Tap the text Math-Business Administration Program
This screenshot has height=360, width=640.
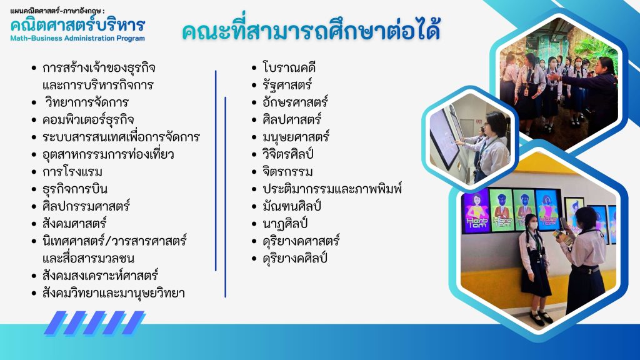tap(77, 38)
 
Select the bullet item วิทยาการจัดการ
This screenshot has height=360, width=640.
tap(86, 102)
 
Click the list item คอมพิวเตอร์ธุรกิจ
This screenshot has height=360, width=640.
tap(88, 119)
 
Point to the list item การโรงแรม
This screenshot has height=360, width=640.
tap(72, 172)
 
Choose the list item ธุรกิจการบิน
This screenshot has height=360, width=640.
tap(75, 189)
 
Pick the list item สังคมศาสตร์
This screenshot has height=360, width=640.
tap(74, 224)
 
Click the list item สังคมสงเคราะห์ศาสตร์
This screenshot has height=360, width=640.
tap(100, 276)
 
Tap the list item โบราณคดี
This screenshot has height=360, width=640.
tap(289, 67)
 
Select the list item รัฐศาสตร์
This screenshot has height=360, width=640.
tap(287, 85)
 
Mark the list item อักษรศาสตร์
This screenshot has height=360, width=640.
tap(295, 102)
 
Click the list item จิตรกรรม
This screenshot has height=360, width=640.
tap(287, 172)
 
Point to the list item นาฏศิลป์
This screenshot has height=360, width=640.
tap(285, 224)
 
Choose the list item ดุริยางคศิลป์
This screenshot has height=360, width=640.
tap(295, 258)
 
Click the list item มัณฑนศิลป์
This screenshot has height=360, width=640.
tap(292, 206)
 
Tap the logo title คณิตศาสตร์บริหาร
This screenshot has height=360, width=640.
tap(77, 24)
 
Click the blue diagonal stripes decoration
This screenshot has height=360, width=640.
tap(95, 323)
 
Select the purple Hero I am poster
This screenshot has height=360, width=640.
tap(475, 212)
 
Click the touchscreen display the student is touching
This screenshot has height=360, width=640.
tap(445, 138)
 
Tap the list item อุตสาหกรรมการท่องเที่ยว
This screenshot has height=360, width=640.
tap(108, 154)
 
